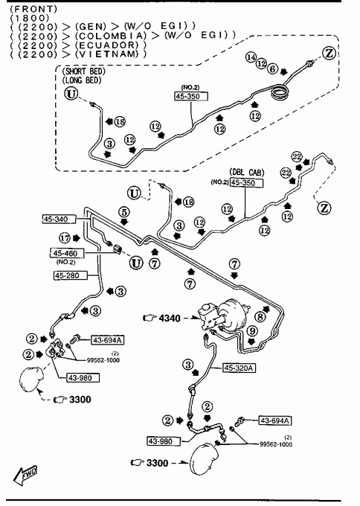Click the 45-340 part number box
pyautogui.click(x=59, y=219)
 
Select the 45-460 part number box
pyautogui.click(x=67, y=253)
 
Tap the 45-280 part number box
pyautogui.click(x=71, y=275)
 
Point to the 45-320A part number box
pyautogui.click(x=239, y=368)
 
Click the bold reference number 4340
pyautogui.click(x=170, y=318)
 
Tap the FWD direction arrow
pyautogui.click(x=25, y=475)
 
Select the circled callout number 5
pyautogui.click(x=124, y=212)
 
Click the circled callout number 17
pyautogui.click(x=65, y=238)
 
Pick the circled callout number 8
pyautogui.click(x=260, y=317)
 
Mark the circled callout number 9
pyautogui.click(x=252, y=331)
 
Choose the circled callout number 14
pyautogui.click(x=251, y=57)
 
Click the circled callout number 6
pyautogui.click(x=272, y=68)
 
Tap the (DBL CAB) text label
pyautogui.click(x=247, y=173)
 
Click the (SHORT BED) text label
pyautogui.click(x=83, y=71)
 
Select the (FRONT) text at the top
pyautogui.click(x=33, y=8)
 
